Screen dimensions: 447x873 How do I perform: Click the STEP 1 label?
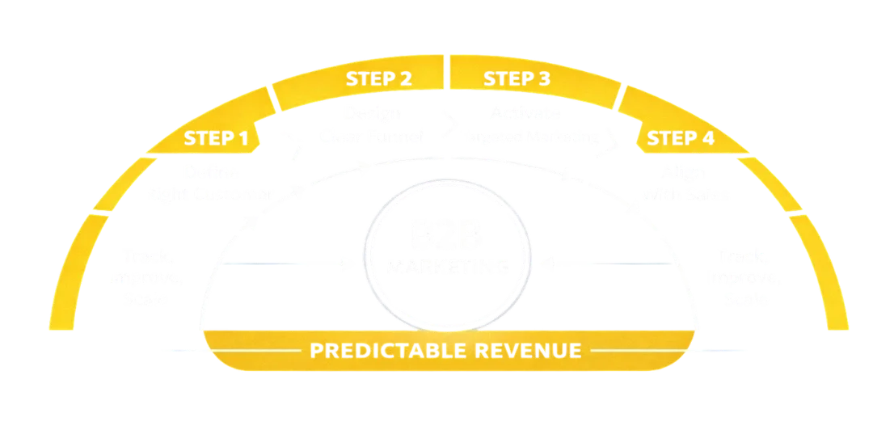coord(216,138)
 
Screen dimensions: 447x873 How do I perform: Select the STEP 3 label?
coord(517,79)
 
